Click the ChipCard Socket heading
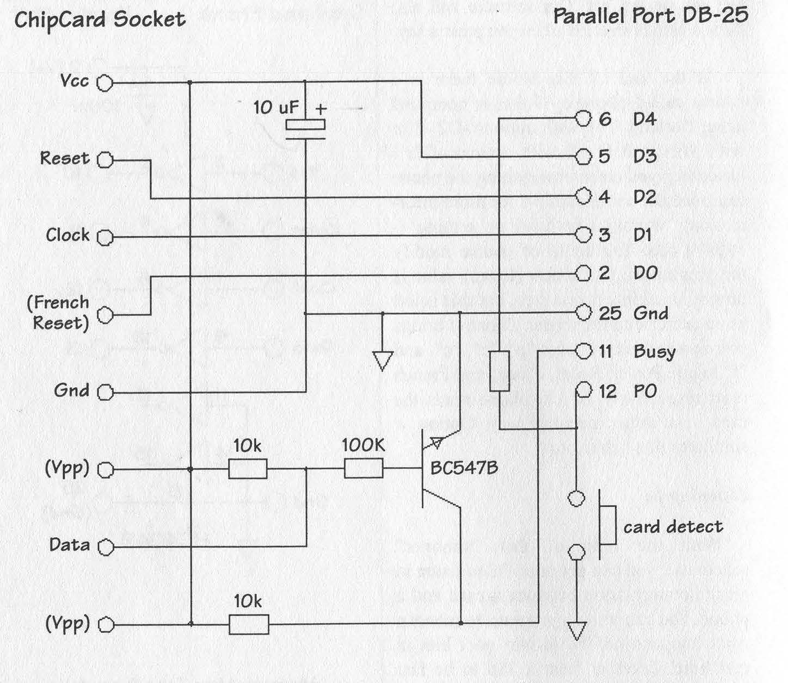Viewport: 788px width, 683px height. coord(100,20)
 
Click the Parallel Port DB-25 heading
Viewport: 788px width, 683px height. coord(650,16)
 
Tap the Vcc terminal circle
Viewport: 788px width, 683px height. coord(104,83)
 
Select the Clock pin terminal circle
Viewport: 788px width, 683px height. coord(105,238)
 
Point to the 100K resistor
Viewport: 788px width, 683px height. coord(364,468)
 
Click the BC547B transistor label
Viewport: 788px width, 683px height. coord(464,468)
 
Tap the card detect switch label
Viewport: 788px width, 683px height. coord(673,526)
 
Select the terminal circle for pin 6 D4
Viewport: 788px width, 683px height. coord(583,119)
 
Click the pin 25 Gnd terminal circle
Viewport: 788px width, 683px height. coord(583,313)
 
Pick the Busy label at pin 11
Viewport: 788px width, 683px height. coord(654,352)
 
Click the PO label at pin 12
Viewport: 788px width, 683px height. coord(645,391)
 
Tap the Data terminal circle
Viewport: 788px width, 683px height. coord(106,547)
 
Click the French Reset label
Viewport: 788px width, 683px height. coord(59,312)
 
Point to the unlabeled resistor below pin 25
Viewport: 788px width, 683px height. coord(500,371)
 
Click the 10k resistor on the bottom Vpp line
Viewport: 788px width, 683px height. coord(249,624)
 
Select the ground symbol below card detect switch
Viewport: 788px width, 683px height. coord(576,631)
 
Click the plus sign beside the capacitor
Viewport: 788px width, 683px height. coord(321,109)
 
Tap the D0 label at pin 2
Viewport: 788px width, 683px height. coord(645,272)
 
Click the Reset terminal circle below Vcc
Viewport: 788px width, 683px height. coord(105,160)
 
